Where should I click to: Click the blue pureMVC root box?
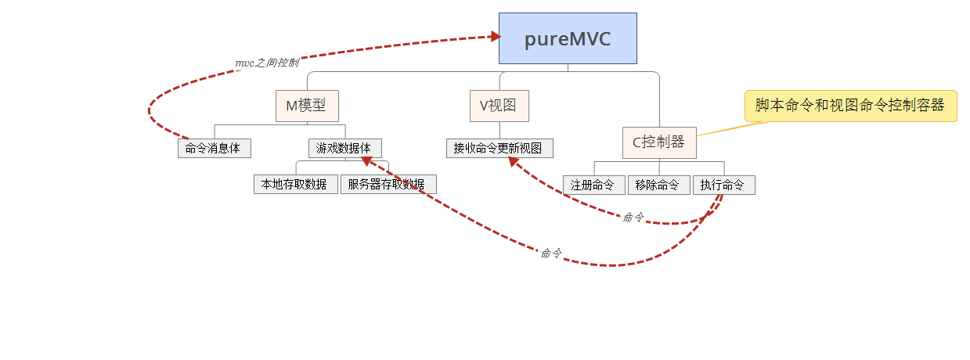[x=568, y=38]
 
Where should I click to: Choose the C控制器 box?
[x=658, y=142]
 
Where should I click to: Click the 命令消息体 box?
[x=214, y=149]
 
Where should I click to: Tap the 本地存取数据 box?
[x=295, y=185]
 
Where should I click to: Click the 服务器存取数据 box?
[x=388, y=185]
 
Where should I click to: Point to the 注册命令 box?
[x=593, y=185]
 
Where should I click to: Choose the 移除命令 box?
[x=658, y=185]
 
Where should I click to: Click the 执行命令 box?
[x=723, y=185]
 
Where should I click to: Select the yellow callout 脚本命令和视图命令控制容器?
[x=849, y=106]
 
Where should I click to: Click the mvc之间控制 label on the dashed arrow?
[x=267, y=63]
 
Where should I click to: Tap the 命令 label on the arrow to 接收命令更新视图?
[x=633, y=217]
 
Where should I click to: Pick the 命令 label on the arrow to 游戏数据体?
[x=550, y=253]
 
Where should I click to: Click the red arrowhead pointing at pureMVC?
[x=495, y=36]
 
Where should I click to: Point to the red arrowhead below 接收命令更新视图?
[x=514, y=161]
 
